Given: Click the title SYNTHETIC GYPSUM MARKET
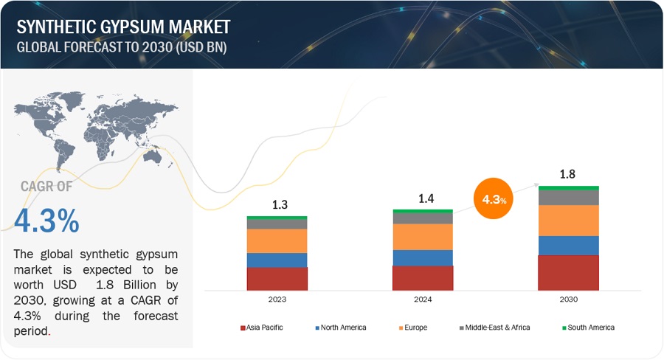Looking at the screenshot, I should coord(123,27).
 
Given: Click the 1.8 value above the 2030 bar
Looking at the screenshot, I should coord(567,174).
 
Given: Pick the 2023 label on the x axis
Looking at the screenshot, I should coord(277,300).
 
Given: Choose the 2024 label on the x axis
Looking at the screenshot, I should coord(423,300).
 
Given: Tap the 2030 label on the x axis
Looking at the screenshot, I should coord(568,300).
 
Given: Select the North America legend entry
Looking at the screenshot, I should coord(344,328).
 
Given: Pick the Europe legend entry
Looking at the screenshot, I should coord(415,328).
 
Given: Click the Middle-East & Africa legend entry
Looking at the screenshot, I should coord(497,328).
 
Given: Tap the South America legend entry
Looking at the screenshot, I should coord(589,328).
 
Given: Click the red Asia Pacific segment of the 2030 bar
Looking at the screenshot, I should coord(568,272).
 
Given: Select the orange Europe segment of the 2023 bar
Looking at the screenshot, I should coord(277,241).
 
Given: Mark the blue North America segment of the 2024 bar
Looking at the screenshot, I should coord(423,257).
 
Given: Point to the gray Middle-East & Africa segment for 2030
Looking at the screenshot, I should coord(568,197).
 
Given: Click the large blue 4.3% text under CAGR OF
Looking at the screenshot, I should coord(46,221).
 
